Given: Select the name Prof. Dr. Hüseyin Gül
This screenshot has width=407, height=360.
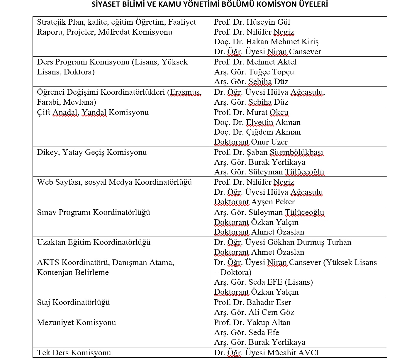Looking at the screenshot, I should [x=252, y=22].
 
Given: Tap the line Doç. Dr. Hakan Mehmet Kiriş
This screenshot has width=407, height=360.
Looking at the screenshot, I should [x=266, y=42].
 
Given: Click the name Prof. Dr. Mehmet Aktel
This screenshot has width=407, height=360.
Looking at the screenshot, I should [x=255, y=62].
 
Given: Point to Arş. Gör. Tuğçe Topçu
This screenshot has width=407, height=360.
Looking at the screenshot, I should [x=254, y=72].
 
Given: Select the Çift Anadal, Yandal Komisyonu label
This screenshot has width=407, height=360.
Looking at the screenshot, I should [x=93, y=113].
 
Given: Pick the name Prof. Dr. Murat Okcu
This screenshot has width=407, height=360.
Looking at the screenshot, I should [x=251, y=113].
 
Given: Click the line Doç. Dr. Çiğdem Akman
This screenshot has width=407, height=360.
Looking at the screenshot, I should [x=257, y=132].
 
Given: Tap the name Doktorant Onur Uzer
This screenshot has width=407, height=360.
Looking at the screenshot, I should [x=251, y=142].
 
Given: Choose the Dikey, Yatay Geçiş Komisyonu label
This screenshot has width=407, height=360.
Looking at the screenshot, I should [x=92, y=152].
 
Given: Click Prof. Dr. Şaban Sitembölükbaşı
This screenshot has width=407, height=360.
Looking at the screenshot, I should [x=269, y=152].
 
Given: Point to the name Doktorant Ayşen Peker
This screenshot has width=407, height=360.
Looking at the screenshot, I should [x=254, y=202].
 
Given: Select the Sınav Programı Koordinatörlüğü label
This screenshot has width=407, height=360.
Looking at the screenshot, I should [x=94, y=213].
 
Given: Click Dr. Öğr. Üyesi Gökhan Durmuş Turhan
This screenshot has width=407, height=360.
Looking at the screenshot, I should [x=282, y=242].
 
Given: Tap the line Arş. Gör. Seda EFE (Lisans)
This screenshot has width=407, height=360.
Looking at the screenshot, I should [x=263, y=282].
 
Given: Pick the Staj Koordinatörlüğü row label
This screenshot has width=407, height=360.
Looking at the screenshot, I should [x=73, y=303].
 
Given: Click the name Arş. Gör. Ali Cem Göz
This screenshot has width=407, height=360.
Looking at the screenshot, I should [x=254, y=313].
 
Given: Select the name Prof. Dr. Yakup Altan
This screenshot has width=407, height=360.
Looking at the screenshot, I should [x=252, y=323].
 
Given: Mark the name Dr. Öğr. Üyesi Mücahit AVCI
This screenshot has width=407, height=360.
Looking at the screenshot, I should [x=266, y=353].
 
